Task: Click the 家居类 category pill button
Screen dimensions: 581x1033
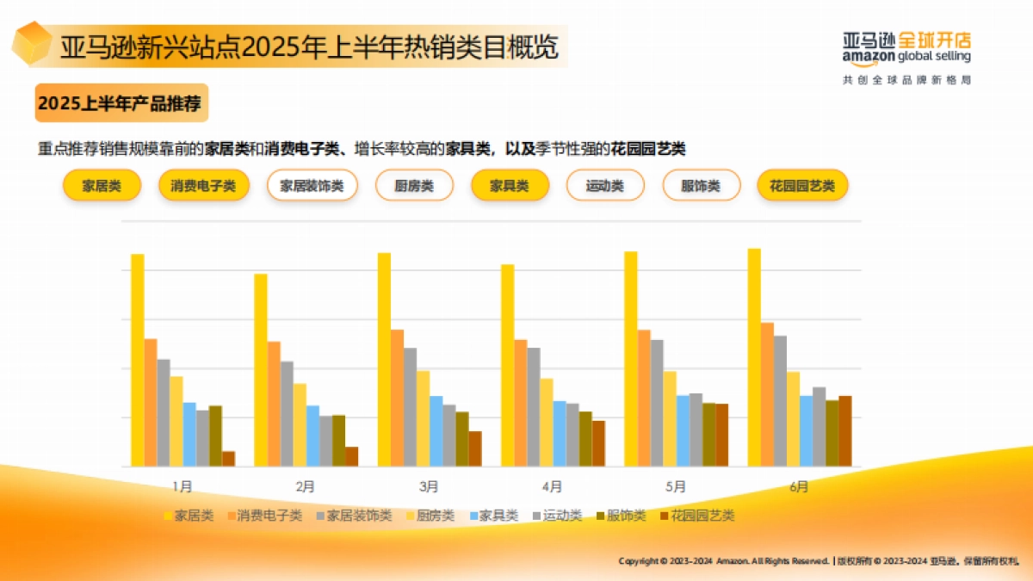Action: [x=102, y=186]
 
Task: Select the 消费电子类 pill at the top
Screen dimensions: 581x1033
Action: [x=203, y=186]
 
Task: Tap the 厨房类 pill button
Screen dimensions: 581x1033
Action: [x=414, y=186]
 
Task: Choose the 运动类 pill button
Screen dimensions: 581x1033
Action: [x=605, y=186]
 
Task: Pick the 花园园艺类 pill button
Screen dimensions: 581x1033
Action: [x=802, y=186]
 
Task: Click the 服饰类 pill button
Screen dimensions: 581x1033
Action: [x=701, y=186]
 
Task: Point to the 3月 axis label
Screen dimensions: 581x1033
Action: [x=429, y=486]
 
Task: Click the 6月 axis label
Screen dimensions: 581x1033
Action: [x=799, y=486]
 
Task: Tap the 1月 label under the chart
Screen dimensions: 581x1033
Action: [x=182, y=486]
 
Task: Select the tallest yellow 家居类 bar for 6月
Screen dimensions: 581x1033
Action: [x=754, y=357]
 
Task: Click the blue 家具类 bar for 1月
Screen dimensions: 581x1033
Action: [x=189, y=435]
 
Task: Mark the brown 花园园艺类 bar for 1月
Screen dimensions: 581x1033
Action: [x=228, y=459]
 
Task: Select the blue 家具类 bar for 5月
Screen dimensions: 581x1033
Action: [x=683, y=430]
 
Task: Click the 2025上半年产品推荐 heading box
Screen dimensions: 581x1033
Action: [x=121, y=104]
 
